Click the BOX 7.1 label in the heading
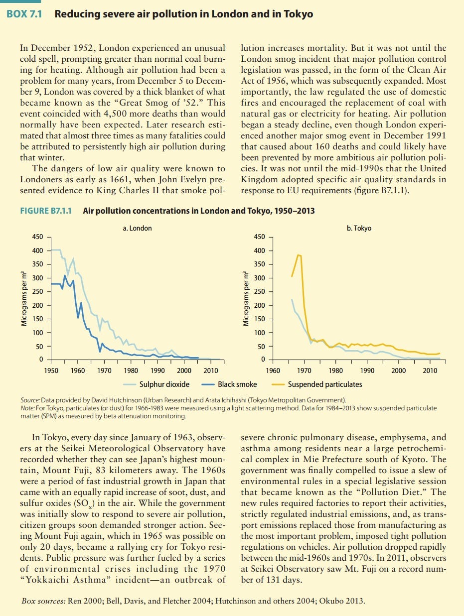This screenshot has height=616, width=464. pos(24,14)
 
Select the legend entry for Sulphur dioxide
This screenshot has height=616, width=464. pos(156,384)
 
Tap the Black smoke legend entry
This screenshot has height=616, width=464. pos(229,384)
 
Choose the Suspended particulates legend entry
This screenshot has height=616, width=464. pos(317,384)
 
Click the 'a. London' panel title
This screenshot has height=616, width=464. pos(137,228)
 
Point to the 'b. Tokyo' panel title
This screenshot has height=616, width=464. pos(359,228)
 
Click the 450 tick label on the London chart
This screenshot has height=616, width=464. pos(38,237)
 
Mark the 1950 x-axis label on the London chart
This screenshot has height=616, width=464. pos(51,370)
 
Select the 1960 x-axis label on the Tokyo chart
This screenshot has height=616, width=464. pos(273,370)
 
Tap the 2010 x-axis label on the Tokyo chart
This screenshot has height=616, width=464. pos(430,370)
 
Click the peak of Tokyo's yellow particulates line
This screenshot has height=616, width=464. pos(298,255)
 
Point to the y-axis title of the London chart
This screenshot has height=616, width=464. pos(24,299)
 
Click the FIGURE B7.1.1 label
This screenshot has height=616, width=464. pos(46,211)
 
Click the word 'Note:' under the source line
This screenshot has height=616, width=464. pos(27,408)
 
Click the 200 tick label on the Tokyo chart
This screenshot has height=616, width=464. pos(260,305)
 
